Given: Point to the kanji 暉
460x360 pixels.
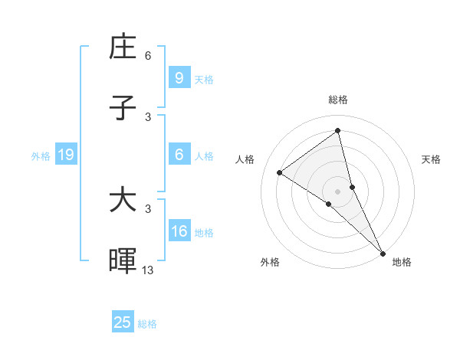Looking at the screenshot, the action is click(x=123, y=261).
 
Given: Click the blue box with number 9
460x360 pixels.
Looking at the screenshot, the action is click(x=179, y=77).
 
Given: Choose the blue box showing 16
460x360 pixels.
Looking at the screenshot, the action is click(x=179, y=231).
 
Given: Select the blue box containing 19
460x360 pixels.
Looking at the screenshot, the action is click(x=65, y=155).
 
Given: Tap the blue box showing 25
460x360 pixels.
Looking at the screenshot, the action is click(x=123, y=322).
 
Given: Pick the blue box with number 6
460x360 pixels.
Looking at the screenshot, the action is click(x=179, y=154).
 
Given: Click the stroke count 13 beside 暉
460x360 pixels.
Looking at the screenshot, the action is click(x=148, y=270).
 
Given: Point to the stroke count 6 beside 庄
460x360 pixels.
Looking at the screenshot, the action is click(x=148, y=55).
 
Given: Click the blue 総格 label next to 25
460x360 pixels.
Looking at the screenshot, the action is click(x=147, y=324).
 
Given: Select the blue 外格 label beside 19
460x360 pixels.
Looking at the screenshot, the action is click(x=41, y=156).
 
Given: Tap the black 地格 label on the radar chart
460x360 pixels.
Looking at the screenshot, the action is click(x=402, y=262).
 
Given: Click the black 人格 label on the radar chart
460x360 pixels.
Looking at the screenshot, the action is click(x=245, y=159).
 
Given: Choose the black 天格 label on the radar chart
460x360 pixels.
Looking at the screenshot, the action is click(x=431, y=159).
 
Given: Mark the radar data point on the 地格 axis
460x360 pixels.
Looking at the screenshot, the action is click(x=383, y=252).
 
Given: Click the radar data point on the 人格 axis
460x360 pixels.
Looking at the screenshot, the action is click(x=280, y=172).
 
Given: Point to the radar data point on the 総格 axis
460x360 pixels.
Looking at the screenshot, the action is click(x=337, y=131).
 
